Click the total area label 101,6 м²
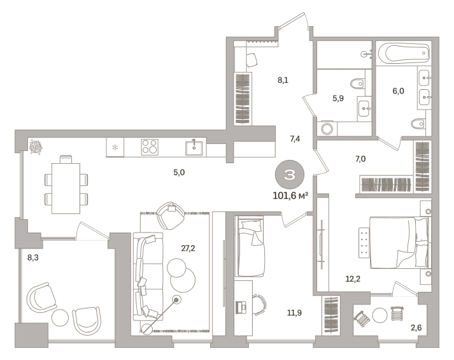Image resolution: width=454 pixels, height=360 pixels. [x=290, y=196]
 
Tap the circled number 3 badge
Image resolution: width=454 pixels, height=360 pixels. [x=289, y=175]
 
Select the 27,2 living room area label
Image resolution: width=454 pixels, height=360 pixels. [x=188, y=248]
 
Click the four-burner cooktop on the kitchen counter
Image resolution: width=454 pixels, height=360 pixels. [x=150, y=147]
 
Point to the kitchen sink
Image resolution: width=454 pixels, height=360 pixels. [x=194, y=148]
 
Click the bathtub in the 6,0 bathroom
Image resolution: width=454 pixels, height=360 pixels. [x=404, y=53]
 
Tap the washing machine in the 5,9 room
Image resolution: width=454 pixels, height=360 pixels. [x=327, y=129]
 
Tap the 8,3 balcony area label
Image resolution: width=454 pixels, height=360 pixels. [x=32, y=257]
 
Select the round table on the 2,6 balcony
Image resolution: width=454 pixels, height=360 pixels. [x=380, y=315]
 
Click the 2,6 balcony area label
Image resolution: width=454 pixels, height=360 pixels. [x=416, y=328]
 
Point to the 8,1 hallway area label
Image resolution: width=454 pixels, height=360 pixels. [x=283, y=80]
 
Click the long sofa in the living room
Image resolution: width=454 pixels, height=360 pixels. [x=148, y=277]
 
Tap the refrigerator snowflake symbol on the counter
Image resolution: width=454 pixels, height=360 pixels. [x=115, y=147]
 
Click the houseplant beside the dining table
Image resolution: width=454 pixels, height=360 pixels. [x=36, y=147]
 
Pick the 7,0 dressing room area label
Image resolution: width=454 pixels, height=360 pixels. [x=360, y=159]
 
